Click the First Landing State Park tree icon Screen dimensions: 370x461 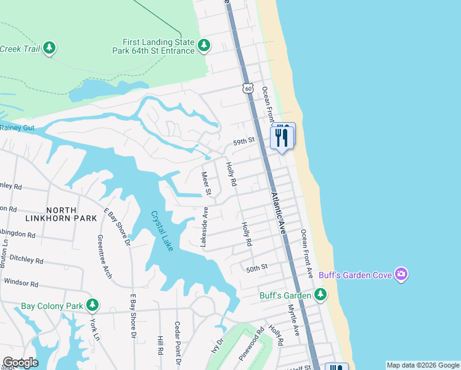coord(204,45)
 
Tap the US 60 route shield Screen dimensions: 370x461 coord(248,89)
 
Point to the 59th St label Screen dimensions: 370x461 coord(243,142)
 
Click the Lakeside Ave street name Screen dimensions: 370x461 coord(204,228)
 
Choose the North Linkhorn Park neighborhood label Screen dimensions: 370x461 coord(61,213)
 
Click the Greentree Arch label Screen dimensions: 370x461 coord(104,257)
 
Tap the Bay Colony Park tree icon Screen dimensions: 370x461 coord(92,305)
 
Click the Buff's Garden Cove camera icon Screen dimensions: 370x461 coord(401,274)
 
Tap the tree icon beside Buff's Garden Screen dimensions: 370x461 coord(320,295)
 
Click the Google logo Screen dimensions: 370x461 coord(20,363)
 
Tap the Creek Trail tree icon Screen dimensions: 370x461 coord(49,47)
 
